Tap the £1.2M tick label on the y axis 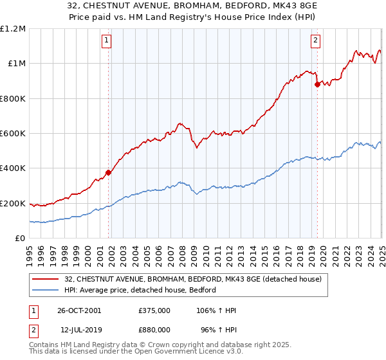point(13,29)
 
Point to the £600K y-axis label point(13,134)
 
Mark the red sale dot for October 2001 point(109,172)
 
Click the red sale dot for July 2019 point(317,84)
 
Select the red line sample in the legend point(46,278)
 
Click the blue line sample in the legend point(46,290)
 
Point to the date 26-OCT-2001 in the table point(80,310)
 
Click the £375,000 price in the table point(154,310)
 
